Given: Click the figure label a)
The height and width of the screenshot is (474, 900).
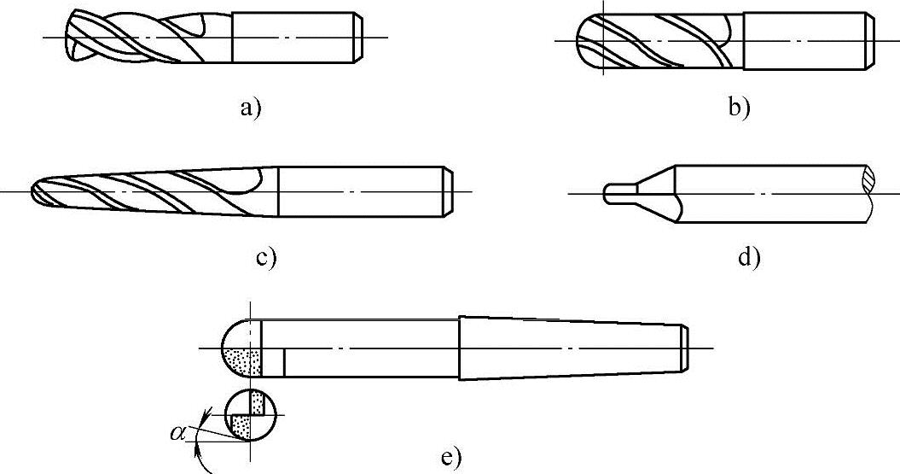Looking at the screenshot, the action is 250,108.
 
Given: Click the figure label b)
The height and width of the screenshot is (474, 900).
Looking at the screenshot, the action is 739,108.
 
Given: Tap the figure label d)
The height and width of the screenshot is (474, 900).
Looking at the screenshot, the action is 748,257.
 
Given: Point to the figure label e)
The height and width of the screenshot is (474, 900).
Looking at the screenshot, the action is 451,457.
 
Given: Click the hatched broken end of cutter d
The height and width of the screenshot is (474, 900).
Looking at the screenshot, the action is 868,180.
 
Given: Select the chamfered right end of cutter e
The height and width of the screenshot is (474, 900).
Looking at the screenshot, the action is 685,348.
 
